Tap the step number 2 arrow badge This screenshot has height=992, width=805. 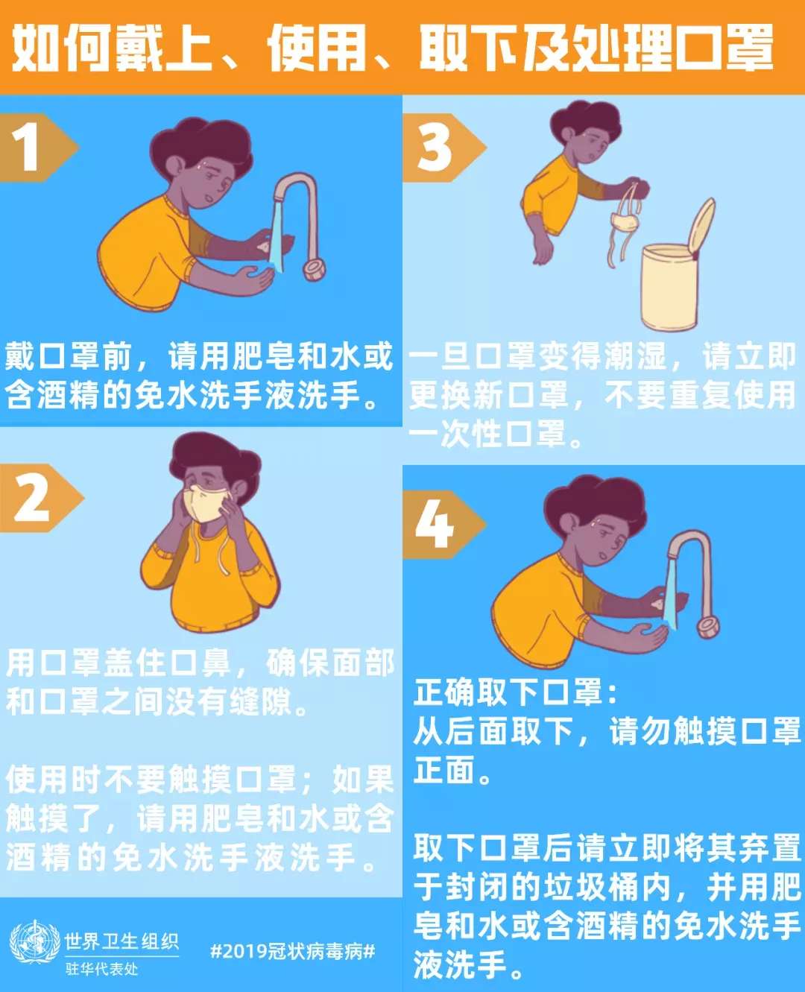(37, 498)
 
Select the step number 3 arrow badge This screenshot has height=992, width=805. (440, 148)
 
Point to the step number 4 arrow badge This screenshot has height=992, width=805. (440, 525)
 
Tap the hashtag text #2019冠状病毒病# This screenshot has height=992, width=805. (292, 951)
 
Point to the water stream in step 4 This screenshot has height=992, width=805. (672, 596)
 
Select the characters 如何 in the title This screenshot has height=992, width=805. (61, 48)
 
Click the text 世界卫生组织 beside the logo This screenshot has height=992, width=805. (121, 941)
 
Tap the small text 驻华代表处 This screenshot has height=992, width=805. (102, 969)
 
